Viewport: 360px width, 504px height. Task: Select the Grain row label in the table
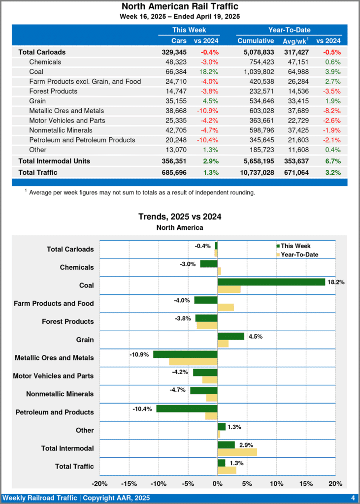(x=37, y=101)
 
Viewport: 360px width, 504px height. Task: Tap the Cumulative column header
(x=256, y=41)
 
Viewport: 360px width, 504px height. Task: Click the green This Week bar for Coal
(x=271, y=282)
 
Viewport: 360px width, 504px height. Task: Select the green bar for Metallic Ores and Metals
(x=185, y=354)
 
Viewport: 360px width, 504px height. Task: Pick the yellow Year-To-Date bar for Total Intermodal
(x=237, y=452)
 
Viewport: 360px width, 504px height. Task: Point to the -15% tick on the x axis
(x=129, y=483)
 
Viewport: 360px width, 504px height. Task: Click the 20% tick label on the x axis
(x=335, y=483)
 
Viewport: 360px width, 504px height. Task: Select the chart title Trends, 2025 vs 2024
(x=180, y=217)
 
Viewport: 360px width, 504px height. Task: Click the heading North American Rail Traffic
(x=180, y=6)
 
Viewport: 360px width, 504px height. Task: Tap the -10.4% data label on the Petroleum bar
(x=142, y=409)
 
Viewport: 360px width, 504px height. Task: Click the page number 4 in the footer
(x=353, y=498)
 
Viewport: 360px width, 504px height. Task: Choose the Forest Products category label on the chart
(x=68, y=321)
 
